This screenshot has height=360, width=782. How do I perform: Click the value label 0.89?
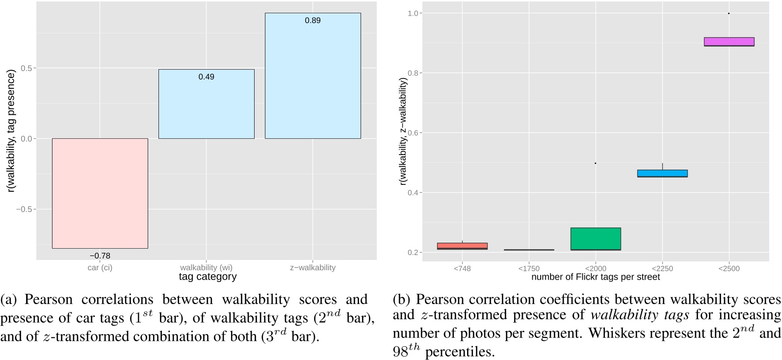[x=313, y=21]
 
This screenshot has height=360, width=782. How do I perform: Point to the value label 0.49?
[x=206, y=77]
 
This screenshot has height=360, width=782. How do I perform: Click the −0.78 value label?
[x=100, y=256]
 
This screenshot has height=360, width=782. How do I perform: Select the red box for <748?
[x=462, y=246]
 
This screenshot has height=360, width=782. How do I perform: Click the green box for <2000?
[x=596, y=239]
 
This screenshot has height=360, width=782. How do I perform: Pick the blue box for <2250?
[x=662, y=173]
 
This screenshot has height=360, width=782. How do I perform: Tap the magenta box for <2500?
[x=729, y=42]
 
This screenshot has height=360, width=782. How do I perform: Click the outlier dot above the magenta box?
[x=729, y=13]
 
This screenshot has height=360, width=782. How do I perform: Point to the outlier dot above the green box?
[x=596, y=163]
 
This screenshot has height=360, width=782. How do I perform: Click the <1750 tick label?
[x=529, y=268]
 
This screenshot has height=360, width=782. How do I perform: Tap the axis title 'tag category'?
[x=208, y=277]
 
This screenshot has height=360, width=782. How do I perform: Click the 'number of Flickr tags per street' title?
[x=595, y=277]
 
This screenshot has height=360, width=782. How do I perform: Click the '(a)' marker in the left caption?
[x=9, y=300]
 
